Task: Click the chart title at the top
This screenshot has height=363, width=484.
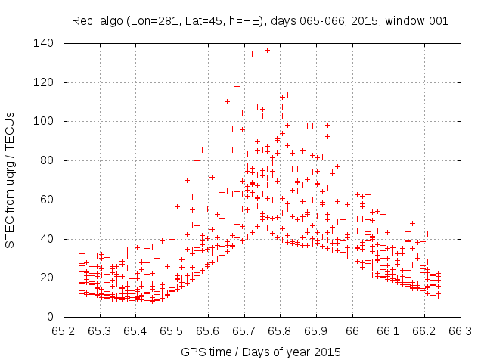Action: point(260,21)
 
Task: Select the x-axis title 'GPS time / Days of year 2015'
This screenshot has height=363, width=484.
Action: point(260,352)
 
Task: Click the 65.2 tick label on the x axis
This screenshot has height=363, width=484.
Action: point(64,330)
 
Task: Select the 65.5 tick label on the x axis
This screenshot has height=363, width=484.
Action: point(172,330)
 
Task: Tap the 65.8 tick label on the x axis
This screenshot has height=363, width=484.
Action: point(280,330)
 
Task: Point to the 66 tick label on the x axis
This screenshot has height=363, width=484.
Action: point(352,330)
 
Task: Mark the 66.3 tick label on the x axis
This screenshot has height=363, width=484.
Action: point(460,330)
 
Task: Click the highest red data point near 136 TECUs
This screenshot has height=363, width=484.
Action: point(267,50)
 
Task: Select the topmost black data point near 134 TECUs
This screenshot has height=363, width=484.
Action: point(252,54)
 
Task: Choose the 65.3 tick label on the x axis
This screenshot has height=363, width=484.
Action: point(100,330)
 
